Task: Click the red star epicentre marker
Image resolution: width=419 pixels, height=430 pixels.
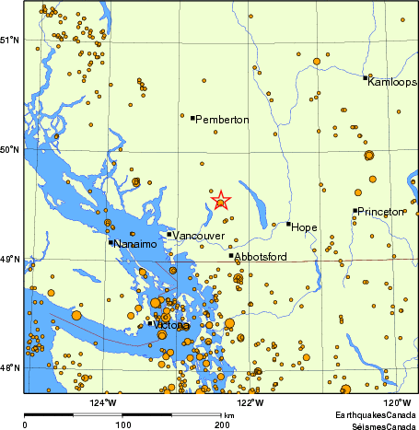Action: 220,201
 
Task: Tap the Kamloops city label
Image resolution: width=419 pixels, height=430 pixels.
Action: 391,83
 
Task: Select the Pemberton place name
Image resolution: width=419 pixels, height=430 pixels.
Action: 223,120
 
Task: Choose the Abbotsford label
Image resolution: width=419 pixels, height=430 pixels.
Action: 262,256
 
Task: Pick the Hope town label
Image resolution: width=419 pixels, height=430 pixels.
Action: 304,226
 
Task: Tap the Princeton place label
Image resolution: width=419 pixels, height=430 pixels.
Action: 380,212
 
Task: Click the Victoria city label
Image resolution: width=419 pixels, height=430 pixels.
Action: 172,326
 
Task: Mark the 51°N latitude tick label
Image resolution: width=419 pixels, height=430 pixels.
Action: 10,40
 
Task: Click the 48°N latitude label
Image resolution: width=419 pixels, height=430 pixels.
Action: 10,368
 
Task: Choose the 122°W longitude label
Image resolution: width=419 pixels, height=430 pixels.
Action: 250,402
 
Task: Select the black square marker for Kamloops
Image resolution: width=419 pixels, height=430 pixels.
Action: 367,77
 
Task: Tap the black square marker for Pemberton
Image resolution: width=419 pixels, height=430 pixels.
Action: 192,117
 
